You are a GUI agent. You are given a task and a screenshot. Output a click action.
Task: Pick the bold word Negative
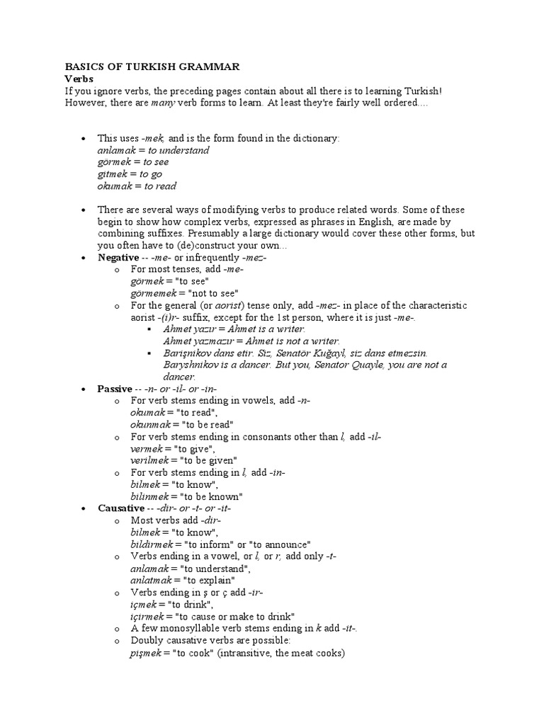(118, 258)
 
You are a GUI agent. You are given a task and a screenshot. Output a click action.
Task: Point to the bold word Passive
(115, 389)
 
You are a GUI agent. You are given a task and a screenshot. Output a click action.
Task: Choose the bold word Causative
(121, 508)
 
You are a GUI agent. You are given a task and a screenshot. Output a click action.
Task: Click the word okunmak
(151, 425)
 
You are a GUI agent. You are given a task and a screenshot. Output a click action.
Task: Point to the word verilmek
(151, 461)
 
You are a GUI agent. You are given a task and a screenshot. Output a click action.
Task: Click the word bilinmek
(151, 496)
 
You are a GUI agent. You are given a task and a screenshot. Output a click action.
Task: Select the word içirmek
(148, 617)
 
